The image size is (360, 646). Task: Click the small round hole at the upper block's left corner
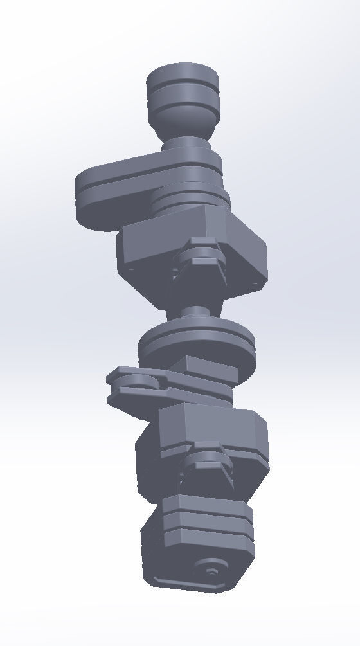pyautogui.click(x=131, y=270)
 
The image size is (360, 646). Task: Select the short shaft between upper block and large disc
pyautogui.click(x=195, y=313)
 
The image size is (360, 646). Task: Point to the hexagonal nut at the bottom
pyautogui.click(x=210, y=570)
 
